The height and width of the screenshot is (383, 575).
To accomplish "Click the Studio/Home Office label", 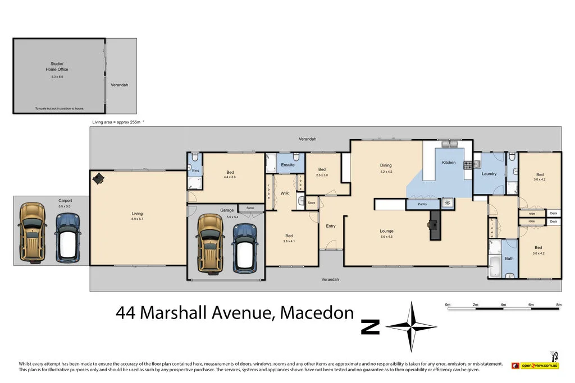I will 57,67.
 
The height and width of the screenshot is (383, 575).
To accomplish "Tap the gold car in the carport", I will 32,232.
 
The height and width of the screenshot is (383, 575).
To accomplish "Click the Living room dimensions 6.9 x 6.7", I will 138,219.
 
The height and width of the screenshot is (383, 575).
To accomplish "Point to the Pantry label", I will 423,205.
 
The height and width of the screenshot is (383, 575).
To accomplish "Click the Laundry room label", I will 489,174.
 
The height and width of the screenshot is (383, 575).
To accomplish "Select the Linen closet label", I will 492,228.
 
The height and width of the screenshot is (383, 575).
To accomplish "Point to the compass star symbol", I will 412,326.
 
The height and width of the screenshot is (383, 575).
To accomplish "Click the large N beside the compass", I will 370,326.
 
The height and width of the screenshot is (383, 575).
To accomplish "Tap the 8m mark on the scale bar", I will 559,305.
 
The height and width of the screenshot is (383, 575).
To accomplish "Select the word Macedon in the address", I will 317,313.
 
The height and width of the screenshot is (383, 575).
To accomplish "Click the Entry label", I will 331,226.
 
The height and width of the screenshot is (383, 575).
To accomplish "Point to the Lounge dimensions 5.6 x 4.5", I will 386,237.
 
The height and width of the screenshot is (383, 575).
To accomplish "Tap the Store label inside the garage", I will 250,208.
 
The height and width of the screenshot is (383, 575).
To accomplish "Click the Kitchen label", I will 449,163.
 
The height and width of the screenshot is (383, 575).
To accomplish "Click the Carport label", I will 65,200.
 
